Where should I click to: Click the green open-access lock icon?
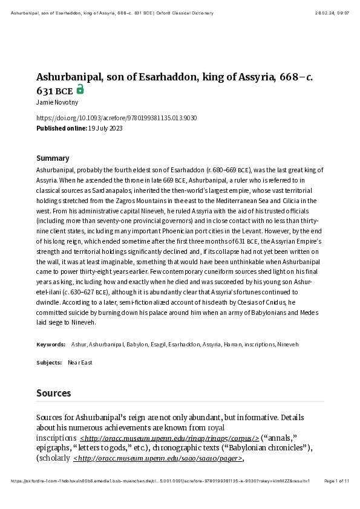pyautogui.click(x=80, y=90)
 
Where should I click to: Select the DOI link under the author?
pyautogui.click(x=116, y=118)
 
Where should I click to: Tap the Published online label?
pyautogui.click(x=61, y=128)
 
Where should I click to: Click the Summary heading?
pyautogui.click(x=53, y=158)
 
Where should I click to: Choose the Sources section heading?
pyautogui.click(x=53, y=393)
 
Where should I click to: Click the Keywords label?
pyautogui.click(x=51, y=345)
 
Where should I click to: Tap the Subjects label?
pyautogui.click(x=49, y=363)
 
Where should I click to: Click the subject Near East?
pyautogui.click(x=80, y=363)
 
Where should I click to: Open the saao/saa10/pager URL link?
pyautogui.click(x=158, y=458)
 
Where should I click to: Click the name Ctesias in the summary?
pyautogui.click(x=242, y=302)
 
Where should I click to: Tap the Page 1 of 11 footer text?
pyautogui.click(x=336, y=481)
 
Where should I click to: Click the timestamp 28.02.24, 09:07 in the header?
pyautogui.click(x=332, y=13)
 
